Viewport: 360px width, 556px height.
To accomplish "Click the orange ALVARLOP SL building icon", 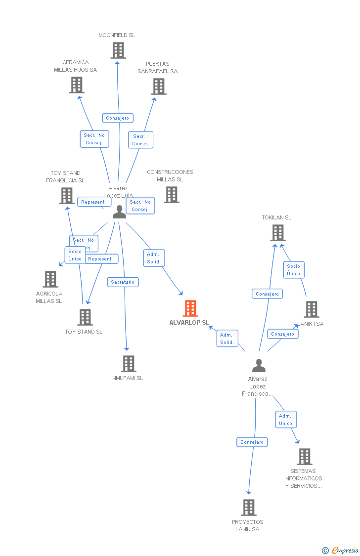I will [x=190, y=308].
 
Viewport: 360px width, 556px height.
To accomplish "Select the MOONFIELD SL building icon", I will [x=118, y=50].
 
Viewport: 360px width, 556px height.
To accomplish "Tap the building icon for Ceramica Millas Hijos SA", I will [x=76, y=85].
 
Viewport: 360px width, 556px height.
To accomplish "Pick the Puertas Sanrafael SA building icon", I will [x=158, y=86].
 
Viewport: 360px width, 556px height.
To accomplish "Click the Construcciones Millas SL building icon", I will [x=171, y=195].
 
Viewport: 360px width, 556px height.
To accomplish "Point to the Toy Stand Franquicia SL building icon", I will [x=67, y=196].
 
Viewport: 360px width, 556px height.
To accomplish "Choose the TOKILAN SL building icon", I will [x=278, y=233].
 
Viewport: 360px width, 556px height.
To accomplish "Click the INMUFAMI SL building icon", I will [x=129, y=364].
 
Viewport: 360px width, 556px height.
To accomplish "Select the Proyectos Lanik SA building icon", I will [x=249, y=508].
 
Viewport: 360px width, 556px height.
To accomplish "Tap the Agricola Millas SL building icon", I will [x=50, y=279].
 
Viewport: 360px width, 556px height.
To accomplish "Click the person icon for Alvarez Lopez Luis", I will [x=119, y=212].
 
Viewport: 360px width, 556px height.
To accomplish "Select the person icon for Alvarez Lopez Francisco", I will [x=259, y=366].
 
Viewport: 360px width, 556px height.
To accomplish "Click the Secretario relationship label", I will [x=123, y=282].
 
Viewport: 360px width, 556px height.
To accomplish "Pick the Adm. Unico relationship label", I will [x=285, y=420].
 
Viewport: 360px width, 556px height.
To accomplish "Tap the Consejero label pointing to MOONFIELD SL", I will [x=118, y=118].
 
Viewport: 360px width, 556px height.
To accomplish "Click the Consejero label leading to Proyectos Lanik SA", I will [x=252, y=442].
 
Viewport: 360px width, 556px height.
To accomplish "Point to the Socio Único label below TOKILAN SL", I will [x=293, y=270].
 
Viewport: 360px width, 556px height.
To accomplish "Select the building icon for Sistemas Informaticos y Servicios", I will [x=305, y=457].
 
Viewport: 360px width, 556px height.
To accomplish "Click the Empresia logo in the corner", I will [x=341, y=550].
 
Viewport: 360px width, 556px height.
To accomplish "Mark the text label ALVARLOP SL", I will [x=189, y=323].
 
